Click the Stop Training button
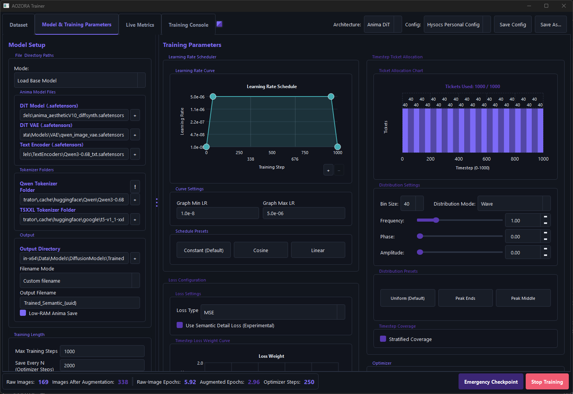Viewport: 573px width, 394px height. pyautogui.click(x=547, y=382)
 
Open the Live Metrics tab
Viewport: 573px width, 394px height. pyautogui.click(x=140, y=25)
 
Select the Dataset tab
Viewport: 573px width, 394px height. pyautogui.click(x=18, y=25)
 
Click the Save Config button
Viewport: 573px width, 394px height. pyautogui.click(x=513, y=24)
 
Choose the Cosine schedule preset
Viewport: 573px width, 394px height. pyautogui.click(x=261, y=250)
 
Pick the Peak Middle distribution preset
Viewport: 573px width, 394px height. pyautogui.click(x=523, y=298)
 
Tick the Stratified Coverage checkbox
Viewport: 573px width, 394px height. pyautogui.click(x=383, y=339)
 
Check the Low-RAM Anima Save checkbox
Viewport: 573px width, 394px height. pyautogui.click(x=23, y=313)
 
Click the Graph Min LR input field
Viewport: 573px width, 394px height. pyautogui.click(x=218, y=213)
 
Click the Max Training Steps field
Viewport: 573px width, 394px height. pyautogui.click(x=102, y=351)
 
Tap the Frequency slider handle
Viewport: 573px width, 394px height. pyautogui.click(x=436, y=220)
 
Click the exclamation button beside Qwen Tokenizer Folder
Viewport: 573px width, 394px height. pyautogui.click(x=135, y=187)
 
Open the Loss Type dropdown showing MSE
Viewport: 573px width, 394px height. pyautogui.click(x=273, y=312)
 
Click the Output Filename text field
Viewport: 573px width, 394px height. pyautogui.click(x=80, y=303)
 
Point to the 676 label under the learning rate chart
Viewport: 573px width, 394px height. pyautogui.click(x=295, y=159)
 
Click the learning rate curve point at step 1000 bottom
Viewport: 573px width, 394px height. pyautogui.click(x=338, y=147)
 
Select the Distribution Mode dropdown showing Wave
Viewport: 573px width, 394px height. pyautogui.click(x=514, y=204)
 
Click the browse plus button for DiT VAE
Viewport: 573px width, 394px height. pyautogui.click(x=135, y=135)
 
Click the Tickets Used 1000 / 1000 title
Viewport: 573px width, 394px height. pyautogui.click(x=472, y=87)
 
